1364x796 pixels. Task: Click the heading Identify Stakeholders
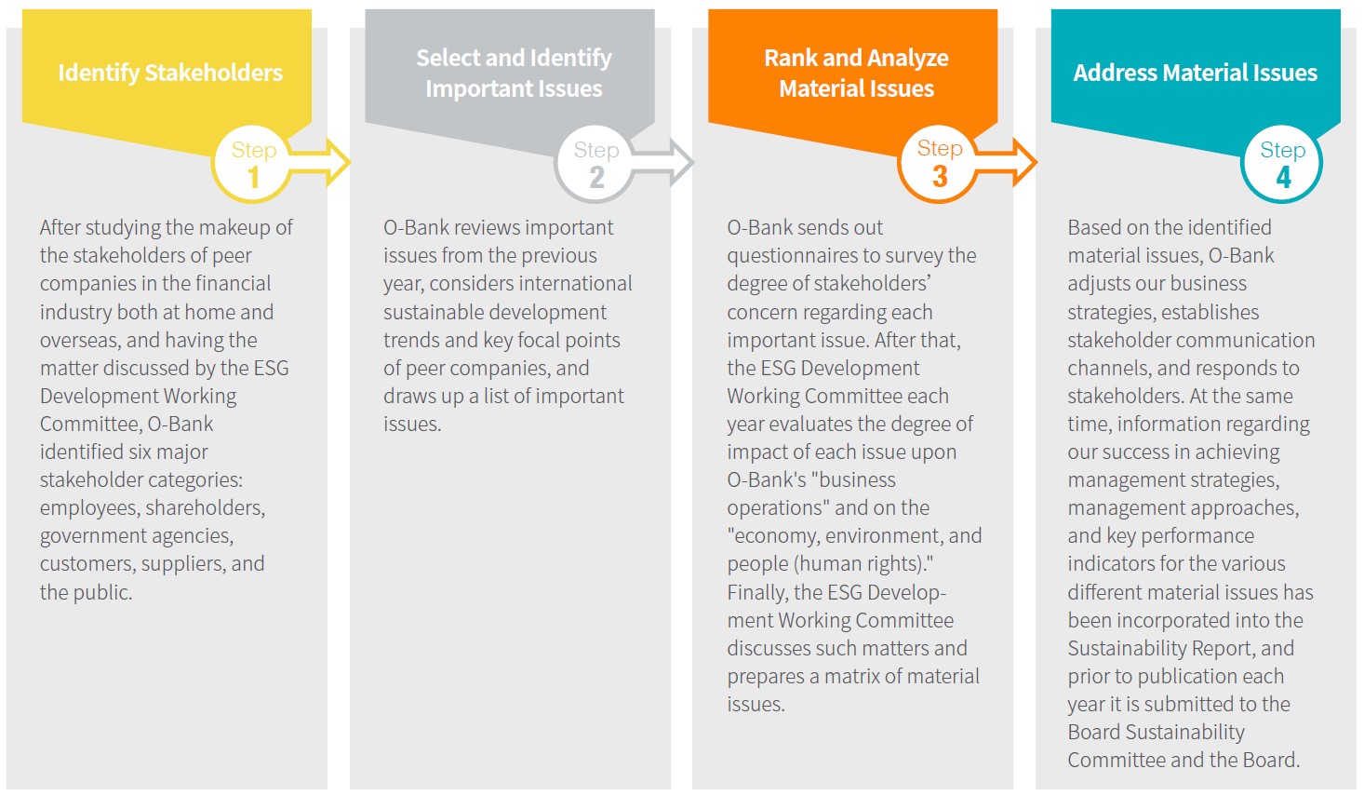pos(170,74)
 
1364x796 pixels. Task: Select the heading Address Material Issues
pos(1196,73)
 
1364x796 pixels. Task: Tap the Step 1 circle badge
pos(253,164)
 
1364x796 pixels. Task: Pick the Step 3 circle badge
pos(940,164)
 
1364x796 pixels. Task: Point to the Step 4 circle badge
pos(1282,164)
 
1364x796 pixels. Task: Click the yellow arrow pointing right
pos(320,162)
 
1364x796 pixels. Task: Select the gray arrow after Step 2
pos(662,162)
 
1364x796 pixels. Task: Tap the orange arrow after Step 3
pos(1006,162)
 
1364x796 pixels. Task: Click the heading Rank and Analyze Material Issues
pos(856,74)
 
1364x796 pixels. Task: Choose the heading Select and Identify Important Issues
pos(514,74)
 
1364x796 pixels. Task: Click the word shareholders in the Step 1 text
pos(206,508)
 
